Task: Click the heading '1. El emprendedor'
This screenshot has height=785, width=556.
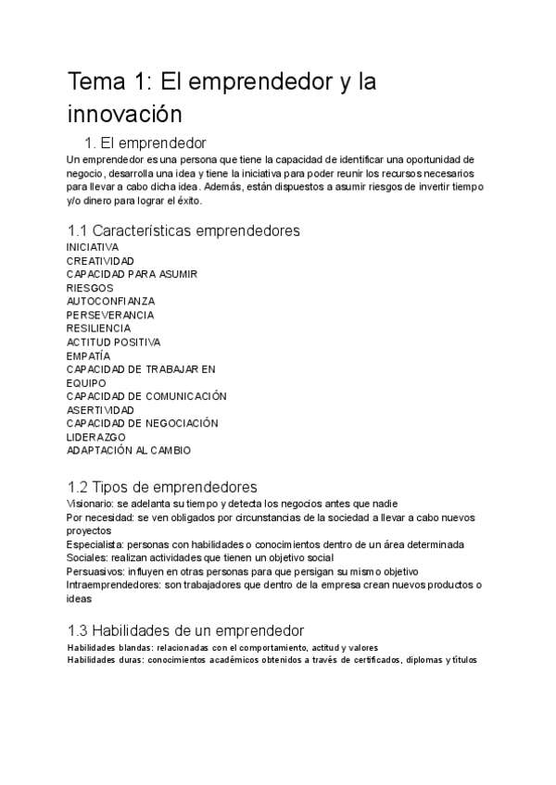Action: pyautogui.click(x=145, y=143)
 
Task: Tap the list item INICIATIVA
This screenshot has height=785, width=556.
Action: pyautogui.click(x=93, y=247)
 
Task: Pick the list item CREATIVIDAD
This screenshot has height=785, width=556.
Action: pyautogui.click(x=100, y=261)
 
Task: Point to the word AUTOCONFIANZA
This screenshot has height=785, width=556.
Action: pyautogui.click(x=110, y=301)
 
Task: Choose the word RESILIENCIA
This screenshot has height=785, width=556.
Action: pyautogui.click(x=98, y=328)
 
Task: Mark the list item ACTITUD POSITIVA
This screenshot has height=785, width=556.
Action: pyautogui.click(x=113, y=342)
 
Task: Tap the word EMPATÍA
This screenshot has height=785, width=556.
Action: pyautogui.click(x=88, y=355)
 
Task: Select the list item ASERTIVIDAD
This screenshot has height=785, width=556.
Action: pyautogui.click(x=100, y=409)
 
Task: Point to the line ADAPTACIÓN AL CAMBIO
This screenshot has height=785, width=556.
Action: pyautogui.click(x=129, y=450)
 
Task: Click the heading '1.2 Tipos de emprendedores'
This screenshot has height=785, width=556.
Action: pyautogui.click(x=162, y=487)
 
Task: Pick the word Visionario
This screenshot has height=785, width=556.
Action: pyautogui.click(x=91, y=503)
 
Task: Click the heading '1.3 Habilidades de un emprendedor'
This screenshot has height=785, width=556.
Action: pyautogui.click(x=185, y=629)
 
